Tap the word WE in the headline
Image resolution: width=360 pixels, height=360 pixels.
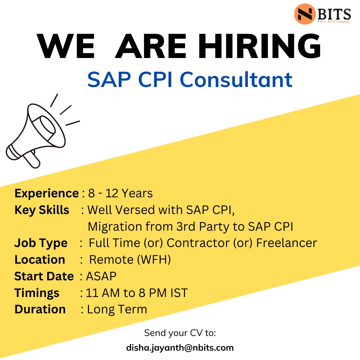pyautogui.click(x=66, y=46)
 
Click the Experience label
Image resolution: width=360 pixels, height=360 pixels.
pyautogui.click(x=47, y=193)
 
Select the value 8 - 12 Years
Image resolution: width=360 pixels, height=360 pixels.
pyautogui.click(x=120, y=193)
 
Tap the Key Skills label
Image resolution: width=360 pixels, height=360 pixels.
pyautogui.click(x=42, y=210)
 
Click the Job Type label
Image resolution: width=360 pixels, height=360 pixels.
pyautogui.click(x=41, y=243)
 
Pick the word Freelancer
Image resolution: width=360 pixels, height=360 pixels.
pyautogui.click(x=286, y=243)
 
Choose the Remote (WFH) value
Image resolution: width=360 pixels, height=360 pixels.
pyautogui.click(x=130, y=260)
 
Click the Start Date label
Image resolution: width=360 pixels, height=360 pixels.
pyautogui.click(x=44, y=276)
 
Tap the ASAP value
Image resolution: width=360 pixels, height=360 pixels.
pyautogui.click(x=101, y=276)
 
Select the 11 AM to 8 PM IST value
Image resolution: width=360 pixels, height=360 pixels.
pyautogui.click(x=137, y=293)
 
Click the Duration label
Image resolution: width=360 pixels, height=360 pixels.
pyautogui.click(x=40, y=309)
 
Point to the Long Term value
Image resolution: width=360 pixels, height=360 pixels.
pyautogui.click(x=117, y=309)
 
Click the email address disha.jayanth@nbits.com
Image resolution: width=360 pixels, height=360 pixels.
pyautogui.click(x=180, y=348)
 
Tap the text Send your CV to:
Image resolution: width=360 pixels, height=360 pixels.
pyautogui.click(x=180, y=333)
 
